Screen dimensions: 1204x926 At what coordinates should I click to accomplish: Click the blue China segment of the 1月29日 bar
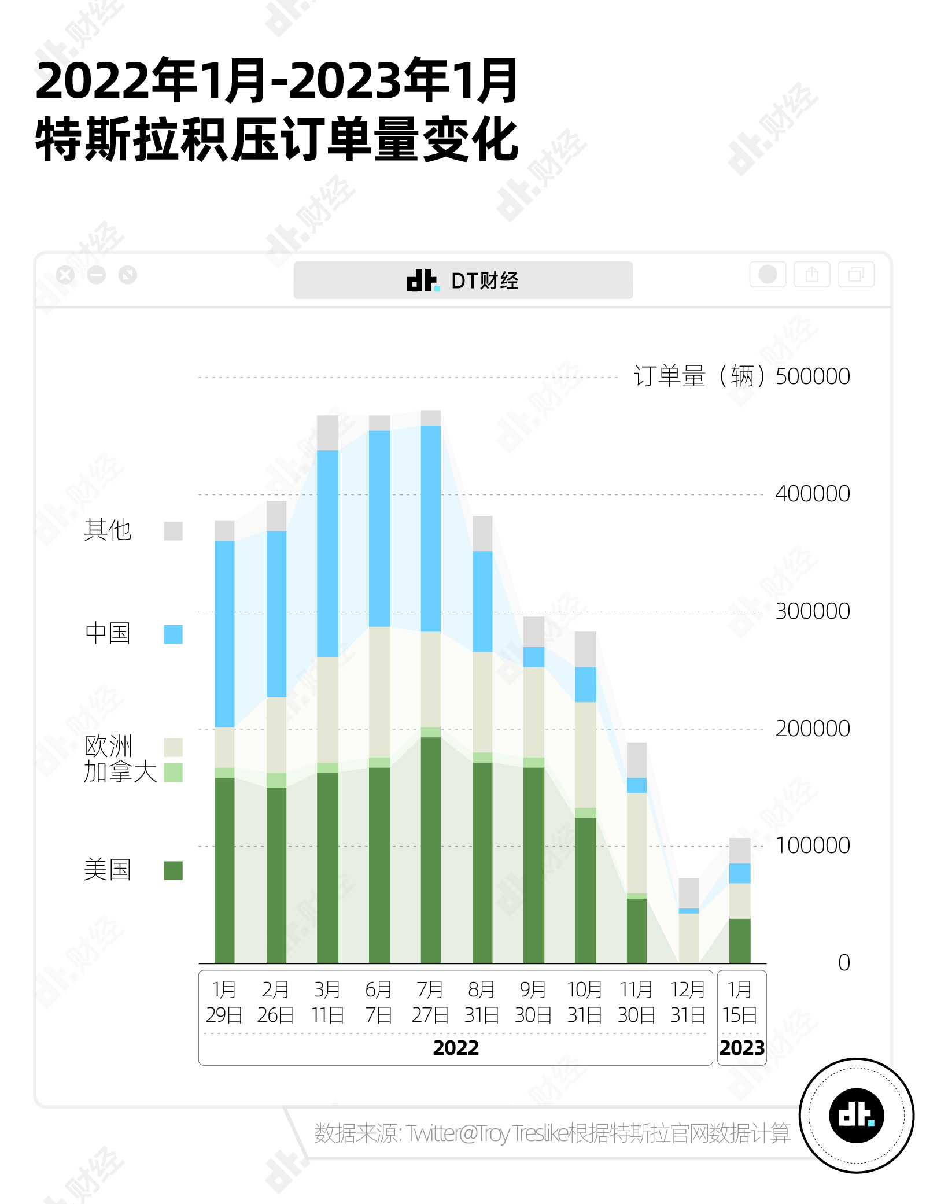coord(224,634)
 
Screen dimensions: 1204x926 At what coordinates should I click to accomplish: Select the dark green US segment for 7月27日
coord(431,850)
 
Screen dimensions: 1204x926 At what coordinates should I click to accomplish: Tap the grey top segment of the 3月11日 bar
coord(327,433)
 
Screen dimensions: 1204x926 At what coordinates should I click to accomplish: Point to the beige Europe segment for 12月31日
coord(688,938)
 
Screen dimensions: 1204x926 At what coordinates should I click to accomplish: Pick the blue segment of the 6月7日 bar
coord(379,529)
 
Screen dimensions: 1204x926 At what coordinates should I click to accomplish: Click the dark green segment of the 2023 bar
coord(740,940)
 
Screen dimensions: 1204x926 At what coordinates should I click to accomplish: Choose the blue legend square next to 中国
coord(173,634)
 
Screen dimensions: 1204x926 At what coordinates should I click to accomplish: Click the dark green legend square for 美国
coord(173,870)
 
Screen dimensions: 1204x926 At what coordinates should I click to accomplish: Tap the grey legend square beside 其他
coord(173,531)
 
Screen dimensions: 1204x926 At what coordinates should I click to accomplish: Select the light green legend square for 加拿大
coord(173,773)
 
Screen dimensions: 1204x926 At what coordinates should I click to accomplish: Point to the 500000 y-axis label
coord(813,376)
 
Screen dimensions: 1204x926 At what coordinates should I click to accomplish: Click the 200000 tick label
coord(813,729)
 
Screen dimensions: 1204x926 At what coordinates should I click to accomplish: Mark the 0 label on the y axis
coord(844,963)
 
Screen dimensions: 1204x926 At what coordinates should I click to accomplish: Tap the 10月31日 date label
coord(585,1002)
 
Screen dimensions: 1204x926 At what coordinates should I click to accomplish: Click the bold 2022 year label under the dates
coord(456,1048)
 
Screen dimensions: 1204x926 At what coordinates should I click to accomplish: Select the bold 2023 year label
coord(742,1048)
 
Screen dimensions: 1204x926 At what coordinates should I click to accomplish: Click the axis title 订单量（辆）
coord(699,376)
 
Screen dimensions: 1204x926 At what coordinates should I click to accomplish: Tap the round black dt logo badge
coord(856,1115)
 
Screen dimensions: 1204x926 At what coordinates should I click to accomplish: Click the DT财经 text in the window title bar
coord(485,280)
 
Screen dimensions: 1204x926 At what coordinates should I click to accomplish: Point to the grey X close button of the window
coord(66,275)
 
